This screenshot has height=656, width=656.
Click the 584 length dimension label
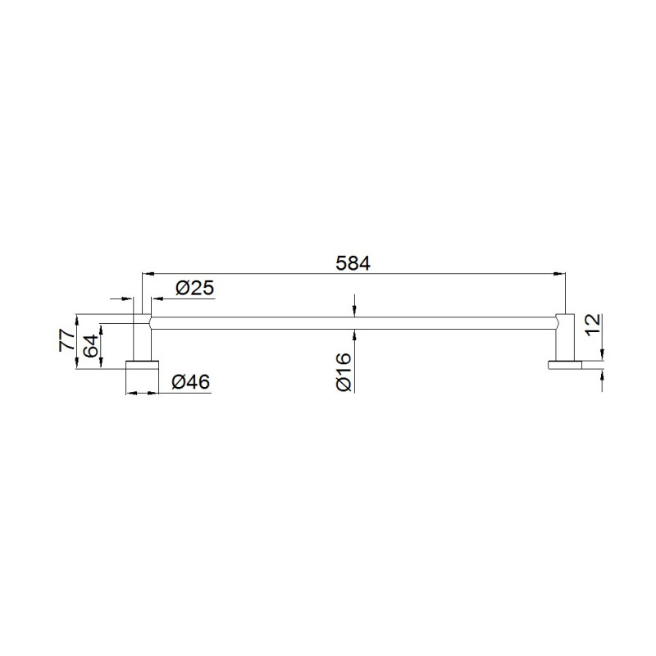(x=353, y=263)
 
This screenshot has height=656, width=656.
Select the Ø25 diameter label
(x=195, y=288)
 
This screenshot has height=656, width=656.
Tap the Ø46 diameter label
(x=191, y=381)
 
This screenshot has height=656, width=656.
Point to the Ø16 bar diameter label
(x=344, y=371)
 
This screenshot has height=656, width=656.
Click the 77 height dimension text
(x=67, y=340)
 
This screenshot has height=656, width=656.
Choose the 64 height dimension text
(x=91, y=345)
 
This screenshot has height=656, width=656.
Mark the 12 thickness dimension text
(x=593, y=325)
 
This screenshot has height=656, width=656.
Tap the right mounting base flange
(x=565, y=364)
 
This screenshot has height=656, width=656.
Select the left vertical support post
(x=142, y=337)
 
